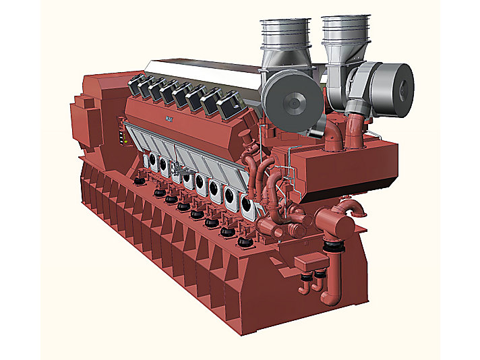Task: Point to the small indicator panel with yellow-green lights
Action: coord(122,131)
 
